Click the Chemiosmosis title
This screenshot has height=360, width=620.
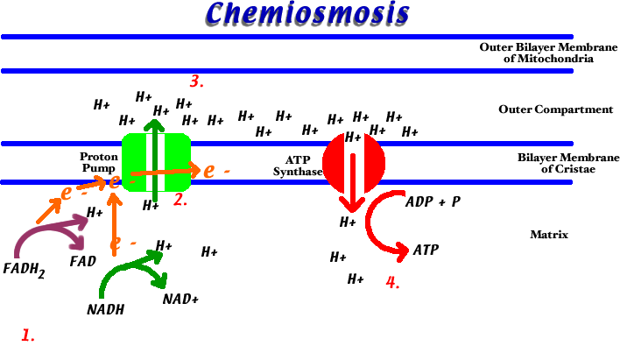(x=308, y=14)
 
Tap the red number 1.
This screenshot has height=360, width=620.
(x=28, y=335)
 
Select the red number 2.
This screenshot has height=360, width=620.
(x=180, y=200)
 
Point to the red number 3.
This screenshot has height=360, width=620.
(x=197, y=82)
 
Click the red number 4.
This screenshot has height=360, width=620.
(x=392, y=283)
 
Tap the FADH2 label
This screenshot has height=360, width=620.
(x=25, y=269)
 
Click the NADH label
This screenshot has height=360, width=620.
(x=105, y=309)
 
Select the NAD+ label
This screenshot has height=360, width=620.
(x=180, y=300)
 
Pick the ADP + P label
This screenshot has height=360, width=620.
(x=433, y=201)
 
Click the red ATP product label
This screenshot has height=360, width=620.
(x=426, y=251)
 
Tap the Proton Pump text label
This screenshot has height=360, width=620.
(x=99, y=161)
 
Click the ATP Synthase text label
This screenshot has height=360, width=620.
(x=298, y=166)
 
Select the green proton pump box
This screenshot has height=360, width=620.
(x=156, y=162)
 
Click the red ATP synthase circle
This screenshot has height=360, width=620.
(x=353, y=162)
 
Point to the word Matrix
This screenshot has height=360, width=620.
(x=549, y=235)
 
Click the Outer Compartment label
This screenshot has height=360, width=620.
(x=555, y=109)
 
